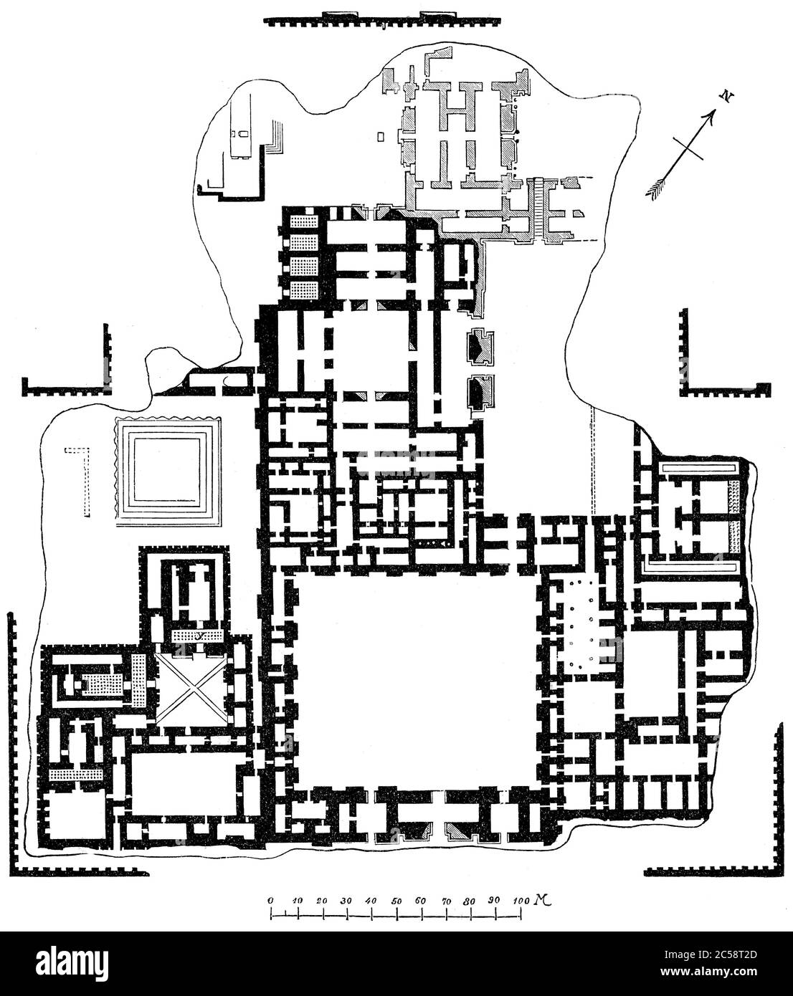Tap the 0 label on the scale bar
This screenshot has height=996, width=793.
pyautogui.click(x=270, y=899)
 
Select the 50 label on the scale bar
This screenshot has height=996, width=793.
pyautogui.click(x=396, y=899)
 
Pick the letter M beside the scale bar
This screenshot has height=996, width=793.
pyautogui.click(x=538, y=899)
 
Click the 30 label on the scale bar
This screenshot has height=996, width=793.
pyautogui.click(x=346, y=899)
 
